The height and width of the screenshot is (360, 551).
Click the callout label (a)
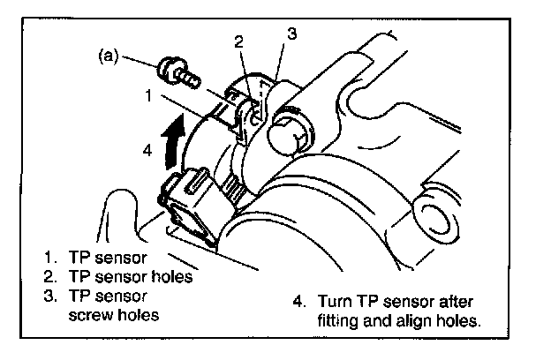(x=107, y=56)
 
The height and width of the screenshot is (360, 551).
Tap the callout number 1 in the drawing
(x=153, y=93)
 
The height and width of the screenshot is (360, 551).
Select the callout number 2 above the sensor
(x=238, y=41)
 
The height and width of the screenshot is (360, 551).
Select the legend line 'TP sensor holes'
(x=129, y=275)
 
